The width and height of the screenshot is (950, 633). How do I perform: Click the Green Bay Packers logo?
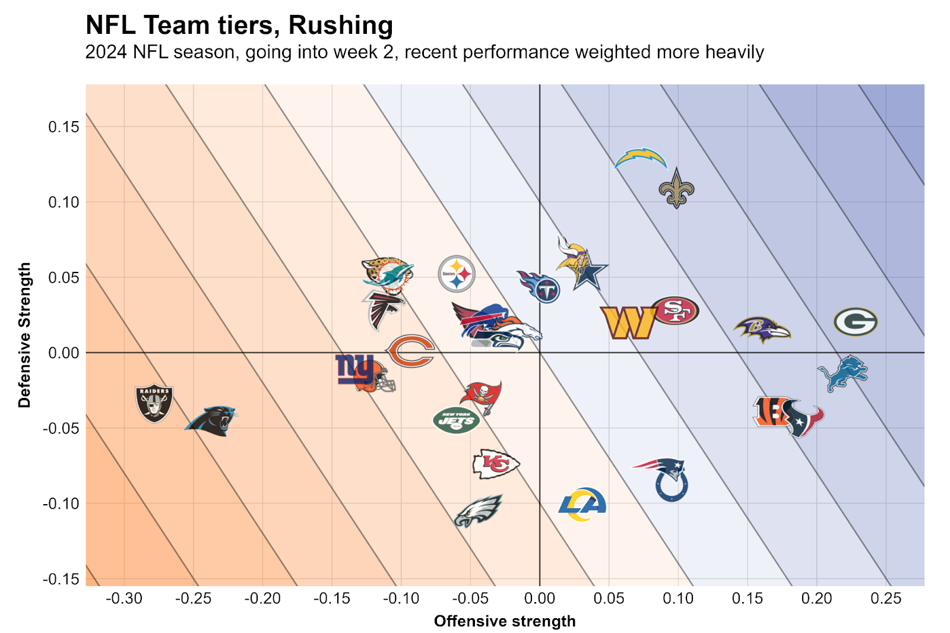coord(856,322)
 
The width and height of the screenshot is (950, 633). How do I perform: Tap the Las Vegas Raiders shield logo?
coord(154,402)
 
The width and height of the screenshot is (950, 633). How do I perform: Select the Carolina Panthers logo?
coord(212,420)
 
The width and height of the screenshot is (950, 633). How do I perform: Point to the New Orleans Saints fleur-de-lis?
coord(676,188)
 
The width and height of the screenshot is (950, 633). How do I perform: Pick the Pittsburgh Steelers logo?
coord(457,274)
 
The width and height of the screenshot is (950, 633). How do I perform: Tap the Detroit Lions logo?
coord(843,373)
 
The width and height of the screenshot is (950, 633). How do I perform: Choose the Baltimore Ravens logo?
coord(762,329)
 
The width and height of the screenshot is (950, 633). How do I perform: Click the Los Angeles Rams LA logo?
coord(582,504)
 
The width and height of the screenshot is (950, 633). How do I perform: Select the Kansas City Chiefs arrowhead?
coord(496,464)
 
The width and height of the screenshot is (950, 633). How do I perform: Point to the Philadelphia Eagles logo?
coord(479,510)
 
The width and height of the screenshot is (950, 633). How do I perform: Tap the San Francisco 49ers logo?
coord(675,310)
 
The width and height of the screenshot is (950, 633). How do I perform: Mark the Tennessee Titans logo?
coord(540,286)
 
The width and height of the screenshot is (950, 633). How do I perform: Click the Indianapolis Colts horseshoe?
coord(672,485)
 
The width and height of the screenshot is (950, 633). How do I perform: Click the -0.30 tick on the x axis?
coord(124,599)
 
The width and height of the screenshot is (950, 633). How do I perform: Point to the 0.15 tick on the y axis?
coord(64,127)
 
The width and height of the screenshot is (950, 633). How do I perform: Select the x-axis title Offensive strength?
coord(505,621)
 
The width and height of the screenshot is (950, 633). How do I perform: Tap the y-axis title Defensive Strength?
coord(24,335)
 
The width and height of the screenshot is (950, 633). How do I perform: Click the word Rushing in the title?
coord(341,26)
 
